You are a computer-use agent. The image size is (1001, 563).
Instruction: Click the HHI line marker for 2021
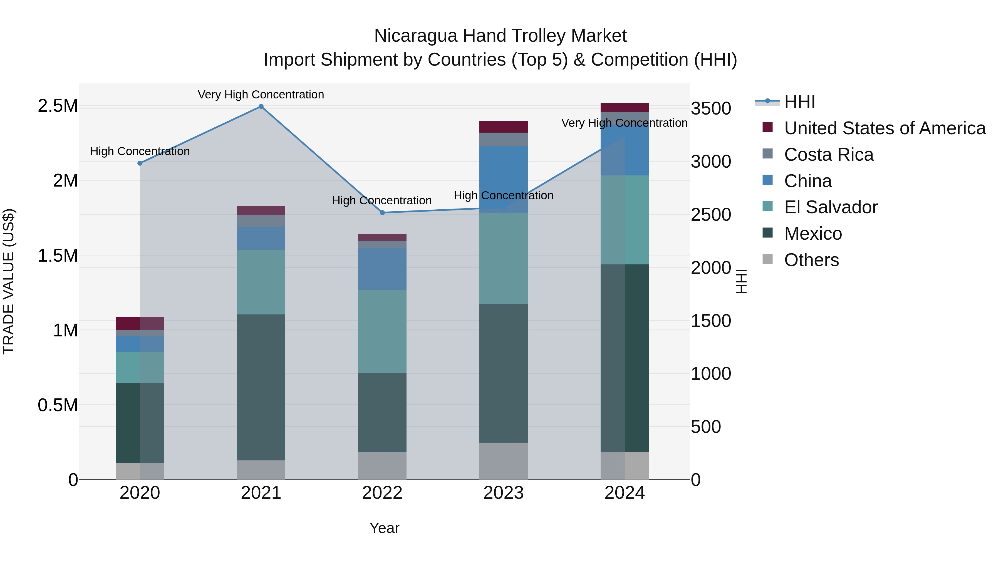(261, 106)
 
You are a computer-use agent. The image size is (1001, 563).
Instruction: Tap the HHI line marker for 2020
(140, 163)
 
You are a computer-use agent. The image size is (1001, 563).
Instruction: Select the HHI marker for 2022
(382, 212)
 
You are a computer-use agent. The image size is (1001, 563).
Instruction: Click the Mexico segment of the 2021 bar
(261, 387)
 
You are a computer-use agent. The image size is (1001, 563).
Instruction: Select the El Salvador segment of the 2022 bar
(382, 331)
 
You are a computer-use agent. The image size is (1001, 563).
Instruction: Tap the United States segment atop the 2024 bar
(625, 108)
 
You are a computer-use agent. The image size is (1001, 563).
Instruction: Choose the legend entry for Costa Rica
(829, 155)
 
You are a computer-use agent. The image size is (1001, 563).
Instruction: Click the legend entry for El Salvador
(830, 207)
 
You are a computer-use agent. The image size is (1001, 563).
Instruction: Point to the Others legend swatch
(767, 259)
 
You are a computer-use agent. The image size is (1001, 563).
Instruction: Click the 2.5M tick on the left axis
(58, 106)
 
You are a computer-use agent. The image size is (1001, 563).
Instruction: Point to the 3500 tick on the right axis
(711, 108)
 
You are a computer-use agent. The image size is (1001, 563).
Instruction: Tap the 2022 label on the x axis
(382, 493)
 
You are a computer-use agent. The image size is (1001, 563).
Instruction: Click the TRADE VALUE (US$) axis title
(9, 281)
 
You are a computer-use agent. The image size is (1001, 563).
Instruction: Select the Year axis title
(384, 528)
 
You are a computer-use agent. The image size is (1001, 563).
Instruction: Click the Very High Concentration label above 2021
(261, 95)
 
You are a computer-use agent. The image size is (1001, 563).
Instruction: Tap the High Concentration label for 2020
(140, 151)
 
